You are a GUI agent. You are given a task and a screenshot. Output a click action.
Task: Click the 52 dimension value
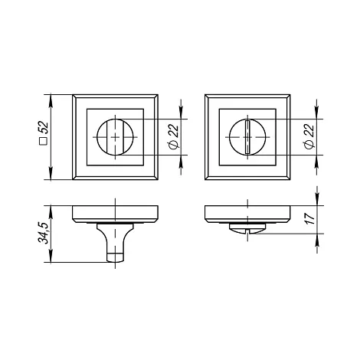click(44, 127)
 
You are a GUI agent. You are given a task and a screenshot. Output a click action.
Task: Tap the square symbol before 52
click(44, 141)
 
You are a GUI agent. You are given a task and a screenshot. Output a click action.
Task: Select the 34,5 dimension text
click(43, 233)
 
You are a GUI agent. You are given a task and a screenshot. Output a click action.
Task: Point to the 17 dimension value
click(309, 219)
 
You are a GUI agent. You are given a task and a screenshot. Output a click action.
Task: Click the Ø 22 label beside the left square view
click(174, 136)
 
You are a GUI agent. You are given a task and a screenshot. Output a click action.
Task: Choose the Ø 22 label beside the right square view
click(309, 136)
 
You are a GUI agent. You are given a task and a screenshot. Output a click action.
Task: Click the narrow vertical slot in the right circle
click(247, 137)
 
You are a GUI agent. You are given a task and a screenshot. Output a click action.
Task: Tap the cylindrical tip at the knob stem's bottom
click(115, 257)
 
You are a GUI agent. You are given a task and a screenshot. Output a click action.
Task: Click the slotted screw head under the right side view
click(247, 228)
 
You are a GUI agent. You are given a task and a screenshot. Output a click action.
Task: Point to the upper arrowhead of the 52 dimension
click(51, 100)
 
